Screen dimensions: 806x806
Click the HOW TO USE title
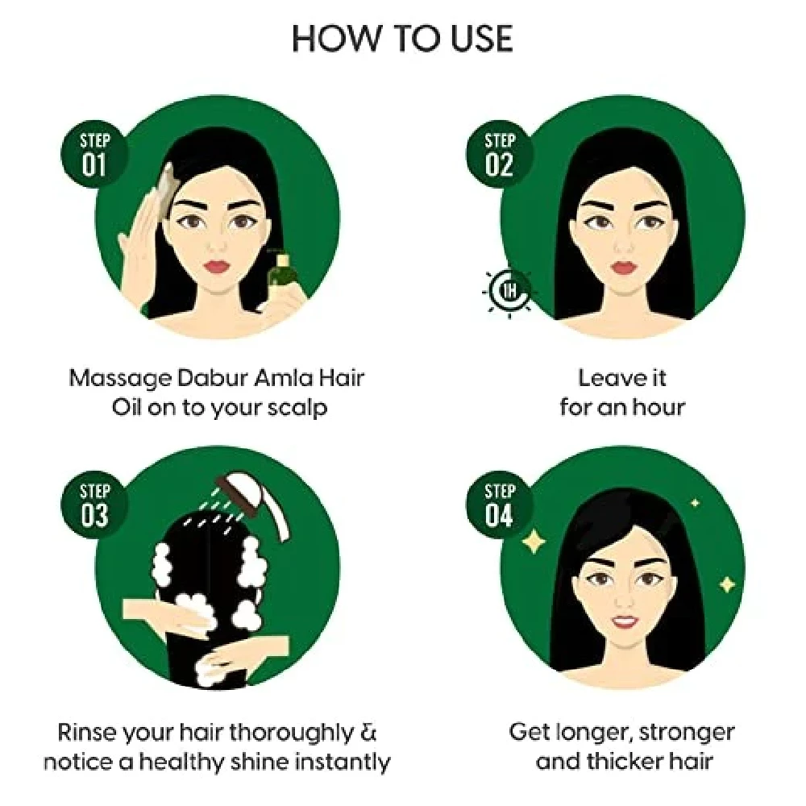pyautogui.click(x=402, y=38)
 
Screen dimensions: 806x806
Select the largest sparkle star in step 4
pyautogui.click(x=533, y=541)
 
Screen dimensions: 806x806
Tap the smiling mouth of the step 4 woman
pyautogui.click(x=621, y=619)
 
